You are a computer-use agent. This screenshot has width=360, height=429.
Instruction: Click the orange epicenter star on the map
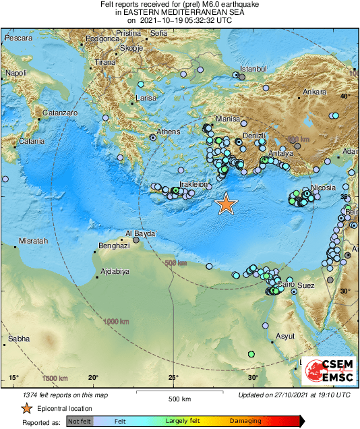click(x=227, y=204)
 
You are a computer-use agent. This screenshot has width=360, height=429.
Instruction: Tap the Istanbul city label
click(x=255, y=69)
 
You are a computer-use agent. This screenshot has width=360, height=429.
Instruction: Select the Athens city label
click(x=168, y=132)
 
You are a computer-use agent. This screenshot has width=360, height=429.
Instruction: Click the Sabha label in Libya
click(x=18, y=339)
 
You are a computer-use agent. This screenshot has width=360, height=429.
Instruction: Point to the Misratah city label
click(x=18, y=241)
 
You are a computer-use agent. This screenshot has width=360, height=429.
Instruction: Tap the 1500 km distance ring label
click(x=55, y=378)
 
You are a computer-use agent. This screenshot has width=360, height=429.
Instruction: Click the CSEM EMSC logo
click(x=329, y=370)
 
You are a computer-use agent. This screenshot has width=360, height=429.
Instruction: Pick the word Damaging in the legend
click(x=247, y=421)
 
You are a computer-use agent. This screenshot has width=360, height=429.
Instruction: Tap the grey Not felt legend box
click(x=80, y=421)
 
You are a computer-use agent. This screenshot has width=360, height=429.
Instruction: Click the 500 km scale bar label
click(x=181, y=399)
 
